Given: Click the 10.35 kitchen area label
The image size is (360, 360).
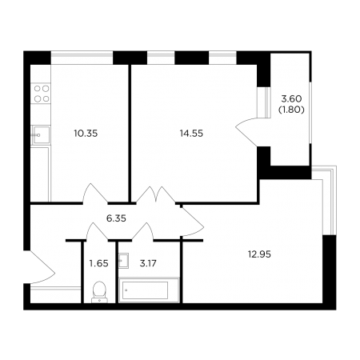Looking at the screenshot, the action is point(86,134).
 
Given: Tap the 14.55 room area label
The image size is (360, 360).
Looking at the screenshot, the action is point(191,134).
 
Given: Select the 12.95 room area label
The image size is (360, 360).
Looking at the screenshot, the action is point(259,254).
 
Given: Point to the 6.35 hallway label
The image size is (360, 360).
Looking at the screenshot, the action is point(116,218).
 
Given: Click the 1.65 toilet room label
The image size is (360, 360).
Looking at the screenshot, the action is point(99,263).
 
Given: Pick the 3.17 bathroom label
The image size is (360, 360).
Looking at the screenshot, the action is point(148,263).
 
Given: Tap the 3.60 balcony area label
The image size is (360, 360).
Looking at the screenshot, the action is point(291,99).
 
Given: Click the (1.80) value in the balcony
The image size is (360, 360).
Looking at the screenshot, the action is point(291,110).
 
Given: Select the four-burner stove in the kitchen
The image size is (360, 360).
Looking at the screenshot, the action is point(41,94).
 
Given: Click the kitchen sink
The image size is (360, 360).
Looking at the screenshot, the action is point(41,135).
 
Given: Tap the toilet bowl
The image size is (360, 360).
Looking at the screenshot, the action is point(99,292).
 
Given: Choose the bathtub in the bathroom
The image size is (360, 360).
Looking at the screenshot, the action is point(149,290).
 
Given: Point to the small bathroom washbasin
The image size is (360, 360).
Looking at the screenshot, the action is point(124,261).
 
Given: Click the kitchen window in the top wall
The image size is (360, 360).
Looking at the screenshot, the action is point(82,58).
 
